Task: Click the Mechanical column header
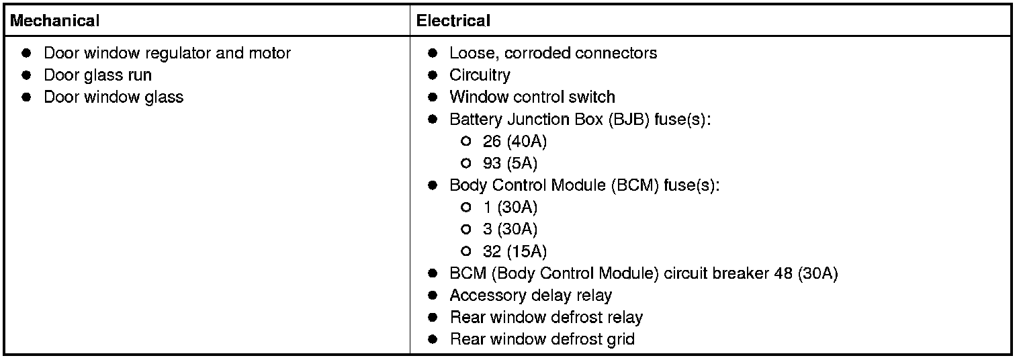point(55,21)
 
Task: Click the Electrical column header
point(453,21)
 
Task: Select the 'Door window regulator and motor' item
point(167,53)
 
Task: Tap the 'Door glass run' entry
point(97,75)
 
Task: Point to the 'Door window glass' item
point(114,97)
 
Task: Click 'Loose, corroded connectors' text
point(553,53)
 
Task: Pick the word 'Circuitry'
point(480,75)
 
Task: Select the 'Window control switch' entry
point(532,97)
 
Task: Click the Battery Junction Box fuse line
point(580,120)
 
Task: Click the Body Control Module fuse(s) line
point(584,185)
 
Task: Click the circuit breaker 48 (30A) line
point(643,274)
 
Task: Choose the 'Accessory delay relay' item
point(531,296)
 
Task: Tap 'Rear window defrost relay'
point(546,318)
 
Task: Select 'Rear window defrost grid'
point(541,340)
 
